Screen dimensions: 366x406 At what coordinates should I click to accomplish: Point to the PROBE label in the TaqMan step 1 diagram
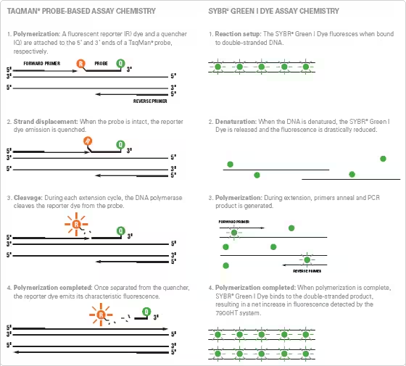tap(101, 62)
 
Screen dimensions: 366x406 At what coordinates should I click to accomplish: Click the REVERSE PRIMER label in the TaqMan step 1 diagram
tap(152, 101)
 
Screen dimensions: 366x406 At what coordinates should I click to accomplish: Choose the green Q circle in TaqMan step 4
tap(146, 314)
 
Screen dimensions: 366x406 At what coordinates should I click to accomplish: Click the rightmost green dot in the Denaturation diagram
tap(384, 158)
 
